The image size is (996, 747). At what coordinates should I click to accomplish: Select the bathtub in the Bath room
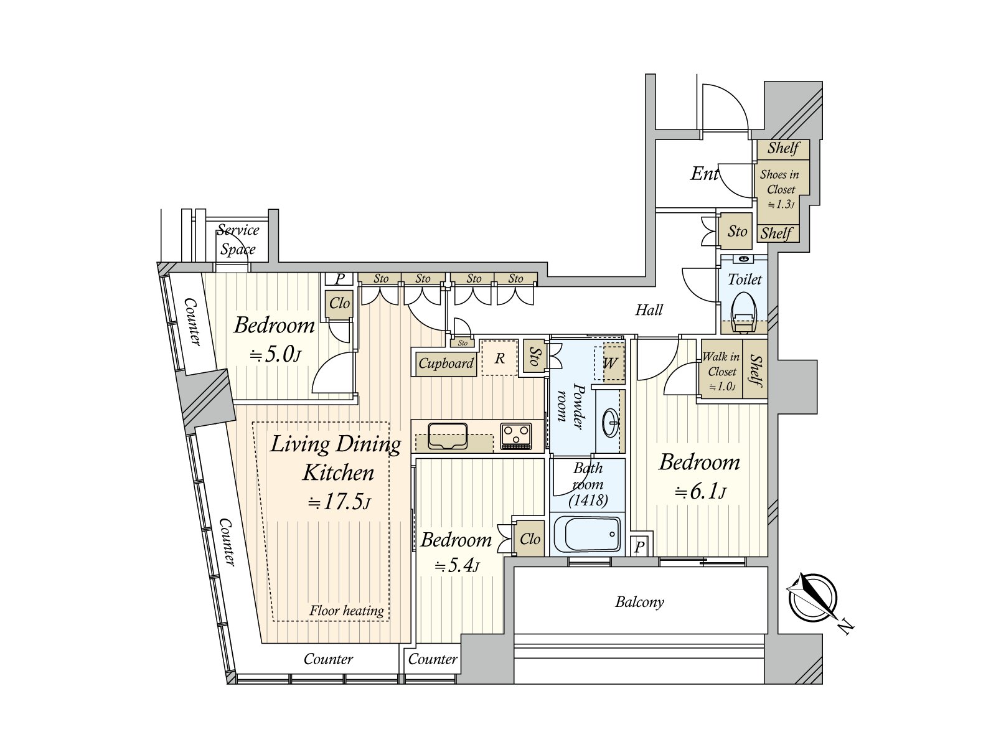pos(588,535)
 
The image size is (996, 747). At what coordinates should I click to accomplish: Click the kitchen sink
pos(447,435)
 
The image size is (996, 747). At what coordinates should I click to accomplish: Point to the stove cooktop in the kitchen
pos(516,435)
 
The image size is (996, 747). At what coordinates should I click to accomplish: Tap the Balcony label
pos(639,602)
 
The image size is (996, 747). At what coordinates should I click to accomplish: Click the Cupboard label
pos(446,363)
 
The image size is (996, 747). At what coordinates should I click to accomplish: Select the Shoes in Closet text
pos(779,182)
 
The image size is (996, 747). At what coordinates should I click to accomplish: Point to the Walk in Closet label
pos(721,364)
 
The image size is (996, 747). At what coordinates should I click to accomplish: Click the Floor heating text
pos(347,611)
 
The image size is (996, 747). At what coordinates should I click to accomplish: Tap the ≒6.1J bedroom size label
pos(700,492)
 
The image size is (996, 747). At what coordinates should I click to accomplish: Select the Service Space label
pos(238,240)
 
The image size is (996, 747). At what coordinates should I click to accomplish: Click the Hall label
pos(649,309)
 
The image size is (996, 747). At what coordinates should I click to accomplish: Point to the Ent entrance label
pos(704,174)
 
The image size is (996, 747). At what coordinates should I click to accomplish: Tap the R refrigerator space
pos(499,358)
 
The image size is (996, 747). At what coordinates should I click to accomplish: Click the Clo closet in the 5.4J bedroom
pos(530,538)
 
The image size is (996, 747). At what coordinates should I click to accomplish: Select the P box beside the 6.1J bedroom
pos(639,547)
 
